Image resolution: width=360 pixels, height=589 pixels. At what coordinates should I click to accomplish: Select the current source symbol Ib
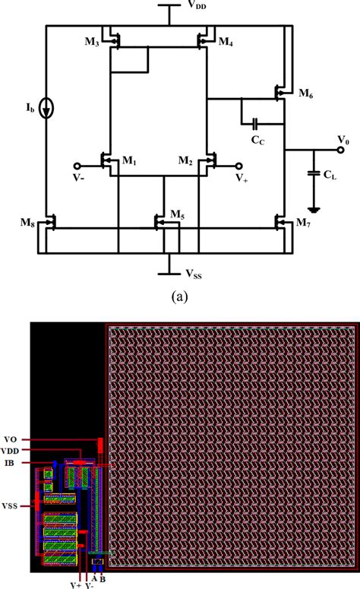47,109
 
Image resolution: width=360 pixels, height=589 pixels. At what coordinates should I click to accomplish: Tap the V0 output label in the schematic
344,140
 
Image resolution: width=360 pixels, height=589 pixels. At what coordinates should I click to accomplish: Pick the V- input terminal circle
76,165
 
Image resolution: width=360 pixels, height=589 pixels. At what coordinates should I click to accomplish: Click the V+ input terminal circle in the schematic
240,165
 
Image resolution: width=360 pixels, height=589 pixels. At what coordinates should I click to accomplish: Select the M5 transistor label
178,216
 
